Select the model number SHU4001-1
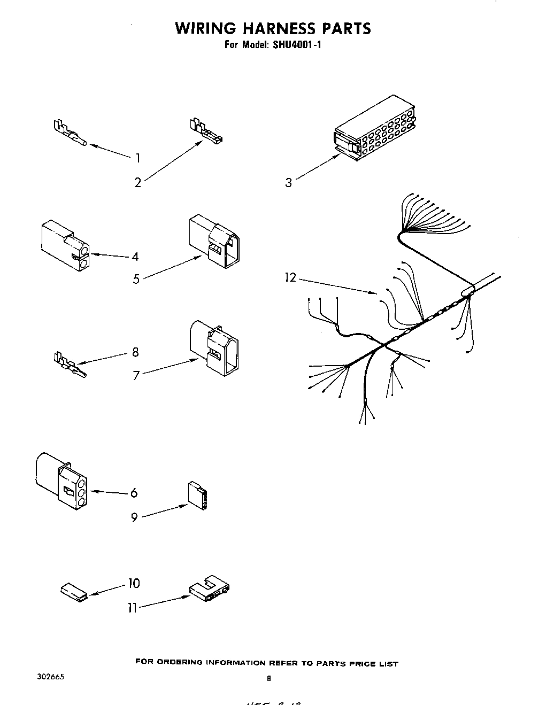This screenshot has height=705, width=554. (x=297, y=45)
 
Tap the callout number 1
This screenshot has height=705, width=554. (x=138, y=158)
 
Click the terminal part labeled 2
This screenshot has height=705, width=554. (x=205, y=133)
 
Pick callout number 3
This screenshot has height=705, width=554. (x=289, y=183)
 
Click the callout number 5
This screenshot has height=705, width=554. (x=136, y=278)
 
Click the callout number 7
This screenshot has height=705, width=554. (x=136, y=376)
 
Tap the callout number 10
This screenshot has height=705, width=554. (x=134, y=583)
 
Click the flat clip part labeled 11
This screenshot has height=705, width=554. (x=210, y=588)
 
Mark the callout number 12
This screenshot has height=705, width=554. (x=290, y=278)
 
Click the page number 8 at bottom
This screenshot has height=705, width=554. (x=270, y=679)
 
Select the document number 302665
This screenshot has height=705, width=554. (x=51, y=676)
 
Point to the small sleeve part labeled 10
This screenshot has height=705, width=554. (x=73, y=593)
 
